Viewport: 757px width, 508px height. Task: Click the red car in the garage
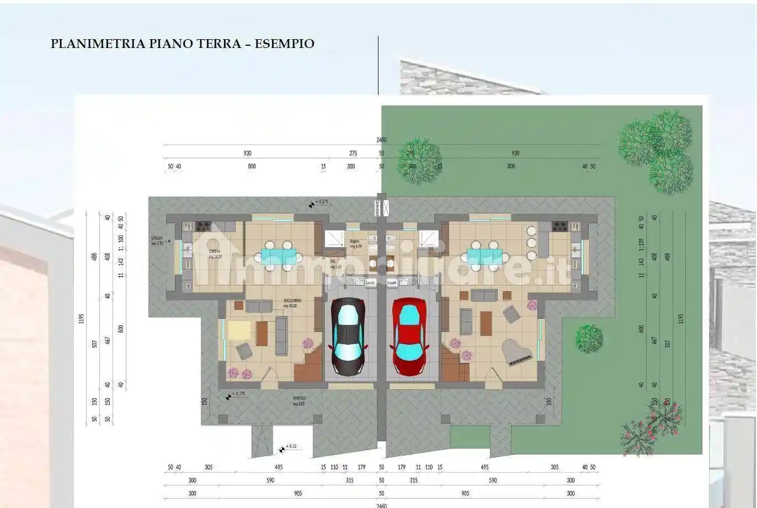click(409, 336)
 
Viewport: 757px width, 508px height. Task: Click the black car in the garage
click(348, 336)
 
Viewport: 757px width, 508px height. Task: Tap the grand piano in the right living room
click(518, 351)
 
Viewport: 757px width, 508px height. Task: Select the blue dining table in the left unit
click(274, 255)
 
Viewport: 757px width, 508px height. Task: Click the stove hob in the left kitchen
click(202, 226)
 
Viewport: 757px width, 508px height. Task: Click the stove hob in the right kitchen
click(560, 226)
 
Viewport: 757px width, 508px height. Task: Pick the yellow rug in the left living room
click(239, 330)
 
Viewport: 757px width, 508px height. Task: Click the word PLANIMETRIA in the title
click(98, 44)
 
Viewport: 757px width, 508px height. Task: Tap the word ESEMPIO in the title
click(285, 44)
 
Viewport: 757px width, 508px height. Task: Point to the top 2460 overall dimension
click(381, 140)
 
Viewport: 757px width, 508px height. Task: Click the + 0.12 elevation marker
click(291, 447)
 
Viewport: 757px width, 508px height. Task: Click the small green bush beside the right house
click(589, 338)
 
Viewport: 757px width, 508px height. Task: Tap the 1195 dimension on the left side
click(82, 318)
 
